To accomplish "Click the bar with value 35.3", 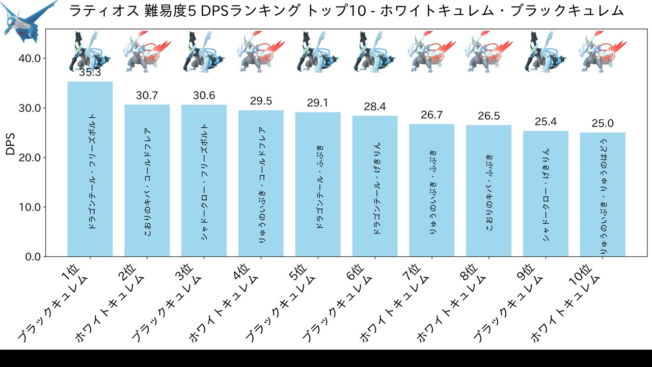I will tap(90, 168).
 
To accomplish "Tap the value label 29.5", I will tap(261, 101).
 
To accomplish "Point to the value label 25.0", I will tap(603, 123).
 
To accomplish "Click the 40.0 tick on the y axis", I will tap(30, 58).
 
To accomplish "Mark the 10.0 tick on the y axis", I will tap(30, 207).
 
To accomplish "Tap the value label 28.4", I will tap(375, 107).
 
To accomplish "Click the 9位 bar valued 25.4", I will tap(546, 194).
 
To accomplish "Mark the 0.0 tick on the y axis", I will tap(33, 256).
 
